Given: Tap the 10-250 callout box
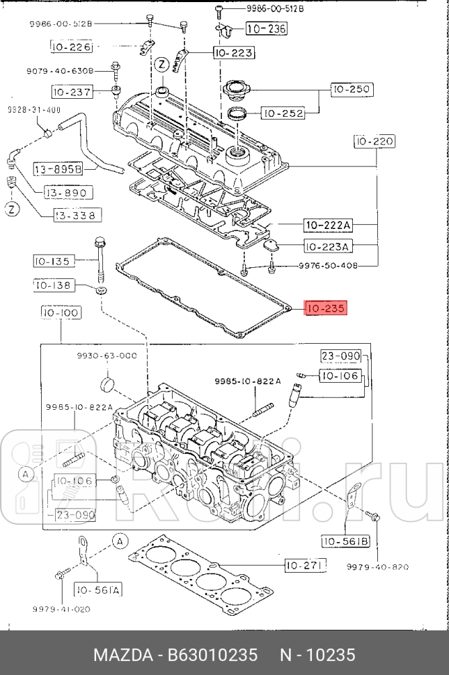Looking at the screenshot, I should (352, 89).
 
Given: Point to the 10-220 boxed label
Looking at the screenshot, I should (375, 142).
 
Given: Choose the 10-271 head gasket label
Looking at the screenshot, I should (305, 566).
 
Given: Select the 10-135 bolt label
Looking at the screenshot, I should (52, 262).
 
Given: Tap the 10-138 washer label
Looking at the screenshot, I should (52, 285).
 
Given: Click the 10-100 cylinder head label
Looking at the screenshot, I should (61, 313).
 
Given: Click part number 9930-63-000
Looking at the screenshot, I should (107, 356).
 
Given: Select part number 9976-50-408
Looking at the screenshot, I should (328, 266).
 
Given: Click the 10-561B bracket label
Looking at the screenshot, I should (344, 541).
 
